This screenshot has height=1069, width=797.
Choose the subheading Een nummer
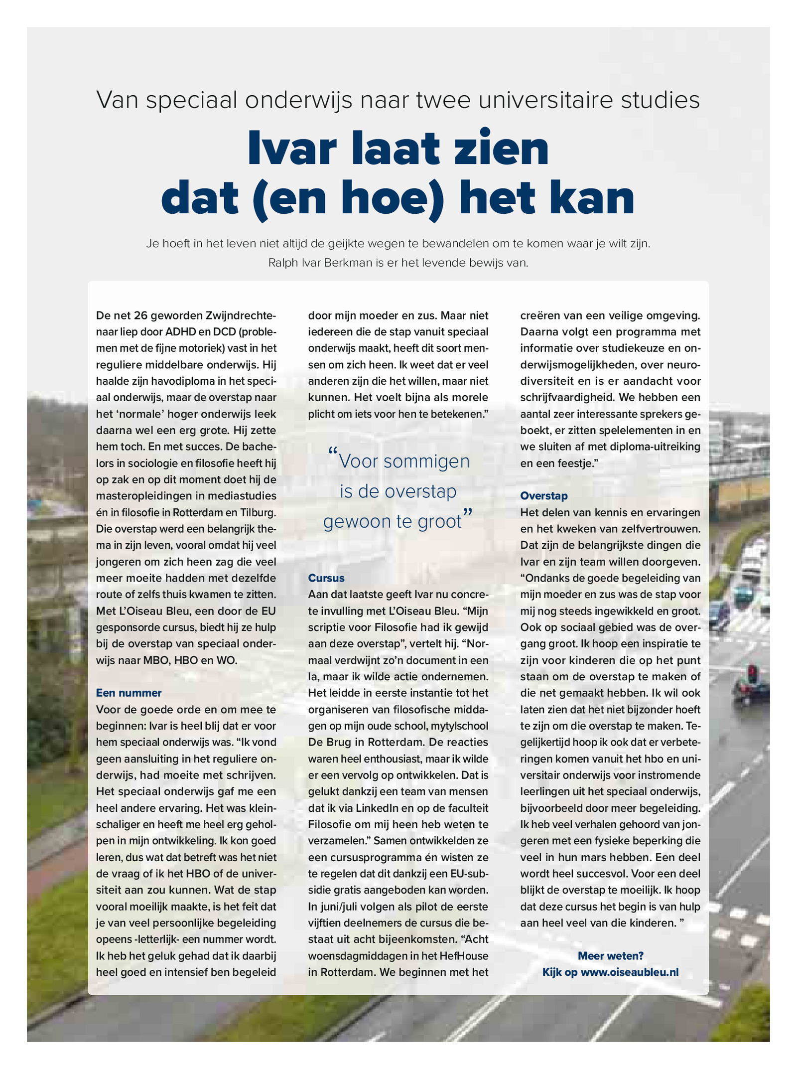[129, 692]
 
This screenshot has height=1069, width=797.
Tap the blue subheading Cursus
[326, 578]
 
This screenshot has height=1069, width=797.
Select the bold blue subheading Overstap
[544, 495]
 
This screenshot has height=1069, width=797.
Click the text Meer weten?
[610, 955]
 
